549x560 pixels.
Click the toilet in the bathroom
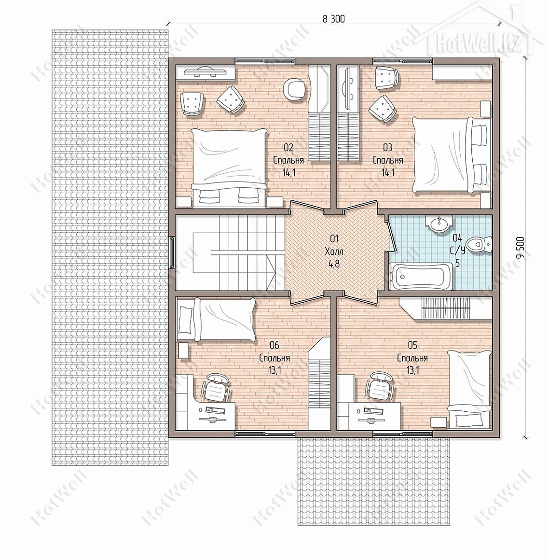coord(479,245)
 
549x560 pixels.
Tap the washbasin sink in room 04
coord(439,224)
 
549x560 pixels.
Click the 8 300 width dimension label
coord(334,19)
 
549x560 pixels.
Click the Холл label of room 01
coord(334,252)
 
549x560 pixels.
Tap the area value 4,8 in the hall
coord(334,264)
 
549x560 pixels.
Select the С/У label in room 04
coord(458,251)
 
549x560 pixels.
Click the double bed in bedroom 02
coord(229,168)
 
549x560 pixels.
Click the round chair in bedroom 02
coord(295,89)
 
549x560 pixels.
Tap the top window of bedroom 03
coord(403,60)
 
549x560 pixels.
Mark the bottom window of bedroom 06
coord(265,434)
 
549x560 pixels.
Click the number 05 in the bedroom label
coord(412,345)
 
